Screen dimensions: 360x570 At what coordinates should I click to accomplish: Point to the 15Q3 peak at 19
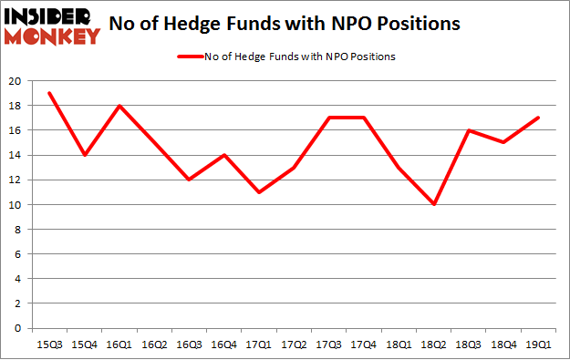point(49,93)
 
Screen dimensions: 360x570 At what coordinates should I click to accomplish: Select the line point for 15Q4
point(84,155)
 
